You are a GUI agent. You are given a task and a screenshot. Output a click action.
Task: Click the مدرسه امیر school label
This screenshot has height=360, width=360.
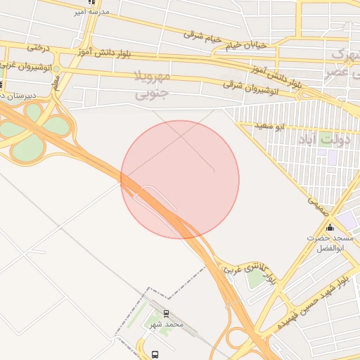coord(91,13)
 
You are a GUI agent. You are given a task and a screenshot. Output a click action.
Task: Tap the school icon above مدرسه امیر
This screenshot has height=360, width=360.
coord(92,2)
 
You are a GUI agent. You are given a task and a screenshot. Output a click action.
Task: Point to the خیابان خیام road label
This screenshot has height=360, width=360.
coord(246,45)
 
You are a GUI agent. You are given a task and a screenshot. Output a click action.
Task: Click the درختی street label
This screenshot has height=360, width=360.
coord(39,48)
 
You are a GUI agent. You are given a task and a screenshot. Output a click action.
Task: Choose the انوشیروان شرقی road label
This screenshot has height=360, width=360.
coord(250,86)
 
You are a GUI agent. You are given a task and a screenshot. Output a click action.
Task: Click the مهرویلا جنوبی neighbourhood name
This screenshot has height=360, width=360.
coord(151,83)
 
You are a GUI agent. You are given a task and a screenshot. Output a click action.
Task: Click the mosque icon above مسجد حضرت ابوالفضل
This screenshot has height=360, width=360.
coord(330,226)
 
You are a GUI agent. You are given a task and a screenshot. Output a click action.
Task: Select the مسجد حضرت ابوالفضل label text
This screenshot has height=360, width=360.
coord(328,243)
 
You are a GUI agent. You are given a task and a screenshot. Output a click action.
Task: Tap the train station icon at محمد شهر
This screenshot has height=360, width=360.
coord(166,314)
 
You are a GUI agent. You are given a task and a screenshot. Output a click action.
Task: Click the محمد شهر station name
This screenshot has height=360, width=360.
coord(167,325)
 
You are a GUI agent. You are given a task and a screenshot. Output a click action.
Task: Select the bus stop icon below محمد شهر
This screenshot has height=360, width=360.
coord(155,354)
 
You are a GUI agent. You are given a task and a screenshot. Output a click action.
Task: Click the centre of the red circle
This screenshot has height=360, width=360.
coord(180,179)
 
